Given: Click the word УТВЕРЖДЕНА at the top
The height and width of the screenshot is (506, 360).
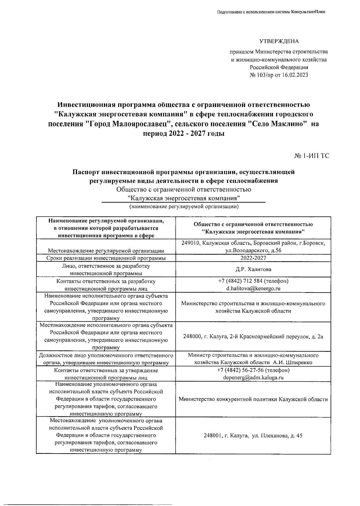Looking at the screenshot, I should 279,41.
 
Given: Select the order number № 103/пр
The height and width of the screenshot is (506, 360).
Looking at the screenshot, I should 262,75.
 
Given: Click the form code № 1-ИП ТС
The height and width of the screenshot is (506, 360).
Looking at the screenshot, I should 312,156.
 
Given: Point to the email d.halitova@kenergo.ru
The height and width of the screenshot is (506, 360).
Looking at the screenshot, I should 253,289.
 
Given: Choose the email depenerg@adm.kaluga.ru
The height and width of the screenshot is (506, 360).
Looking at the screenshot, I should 253,378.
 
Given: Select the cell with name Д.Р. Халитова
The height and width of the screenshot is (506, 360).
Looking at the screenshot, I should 253,269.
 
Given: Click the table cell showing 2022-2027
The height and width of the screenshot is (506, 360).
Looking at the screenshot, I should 253,258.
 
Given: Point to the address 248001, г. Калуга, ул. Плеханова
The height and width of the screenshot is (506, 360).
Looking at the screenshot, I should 253,436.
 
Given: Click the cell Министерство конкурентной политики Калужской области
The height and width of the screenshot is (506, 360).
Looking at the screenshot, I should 253,399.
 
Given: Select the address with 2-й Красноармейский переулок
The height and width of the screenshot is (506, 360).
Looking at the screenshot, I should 253,337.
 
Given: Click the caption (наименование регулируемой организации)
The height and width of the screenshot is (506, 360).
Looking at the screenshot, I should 184,207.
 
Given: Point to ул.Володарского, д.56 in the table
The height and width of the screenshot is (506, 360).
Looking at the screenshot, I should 253,251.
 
